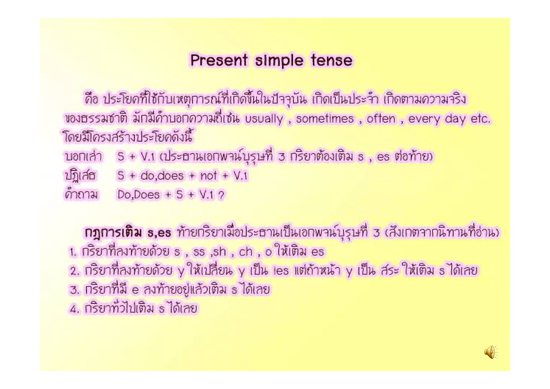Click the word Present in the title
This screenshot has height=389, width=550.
pos(219,60)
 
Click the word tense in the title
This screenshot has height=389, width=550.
pos(332,60)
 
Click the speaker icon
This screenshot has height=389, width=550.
pos(491,352)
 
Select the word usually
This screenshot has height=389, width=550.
pos(264,119)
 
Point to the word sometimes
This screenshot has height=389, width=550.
pos(325,119)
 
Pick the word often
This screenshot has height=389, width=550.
pos(381,119)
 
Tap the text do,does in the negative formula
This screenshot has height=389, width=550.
pos(162,176)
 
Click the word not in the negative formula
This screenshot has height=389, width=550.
pos(208,176)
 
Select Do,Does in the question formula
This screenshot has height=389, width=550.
pos(138,194)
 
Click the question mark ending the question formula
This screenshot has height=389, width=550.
pos(221,194)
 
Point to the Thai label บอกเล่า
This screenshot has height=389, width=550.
pos(83,156)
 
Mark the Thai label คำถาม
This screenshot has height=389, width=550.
pos(81,194)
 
